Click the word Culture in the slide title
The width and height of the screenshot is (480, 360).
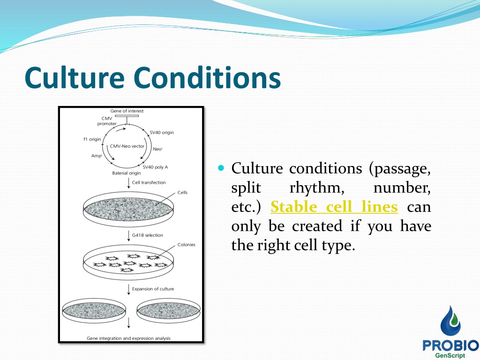[x=75, y=77]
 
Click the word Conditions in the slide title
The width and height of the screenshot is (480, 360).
[x=207, y=77]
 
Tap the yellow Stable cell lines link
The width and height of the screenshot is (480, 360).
[x=334, y=207]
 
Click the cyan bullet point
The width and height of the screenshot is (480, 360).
[x=221, y=168]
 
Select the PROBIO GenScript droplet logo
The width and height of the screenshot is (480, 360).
[x=450, y=332]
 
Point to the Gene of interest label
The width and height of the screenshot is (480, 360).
[x=127, y=111]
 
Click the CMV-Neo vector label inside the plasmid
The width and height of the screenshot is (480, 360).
[x=127, y=146]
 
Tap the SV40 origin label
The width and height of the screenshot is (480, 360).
[x=162, y=132]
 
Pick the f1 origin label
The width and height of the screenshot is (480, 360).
[x=92, y=139]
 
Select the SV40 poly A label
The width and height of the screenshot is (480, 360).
[x=155, y=167]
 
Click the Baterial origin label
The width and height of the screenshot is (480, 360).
[x=127, y=173]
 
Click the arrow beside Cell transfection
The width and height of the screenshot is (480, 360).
[x=128, y=183]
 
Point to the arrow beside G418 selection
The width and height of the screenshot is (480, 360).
[x=128, y=236]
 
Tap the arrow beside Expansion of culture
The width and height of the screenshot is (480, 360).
[x=128, y=290]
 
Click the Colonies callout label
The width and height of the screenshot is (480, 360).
[x=187, y=245]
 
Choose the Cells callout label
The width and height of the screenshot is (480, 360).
[x=182, y=193]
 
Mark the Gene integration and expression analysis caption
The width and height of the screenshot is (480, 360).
[x=128, y=338]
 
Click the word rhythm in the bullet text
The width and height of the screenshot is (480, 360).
[x=317, y=188]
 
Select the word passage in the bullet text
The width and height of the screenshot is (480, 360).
[x=400, y=169]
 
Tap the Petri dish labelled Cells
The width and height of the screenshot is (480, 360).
[x=128, y=210]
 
